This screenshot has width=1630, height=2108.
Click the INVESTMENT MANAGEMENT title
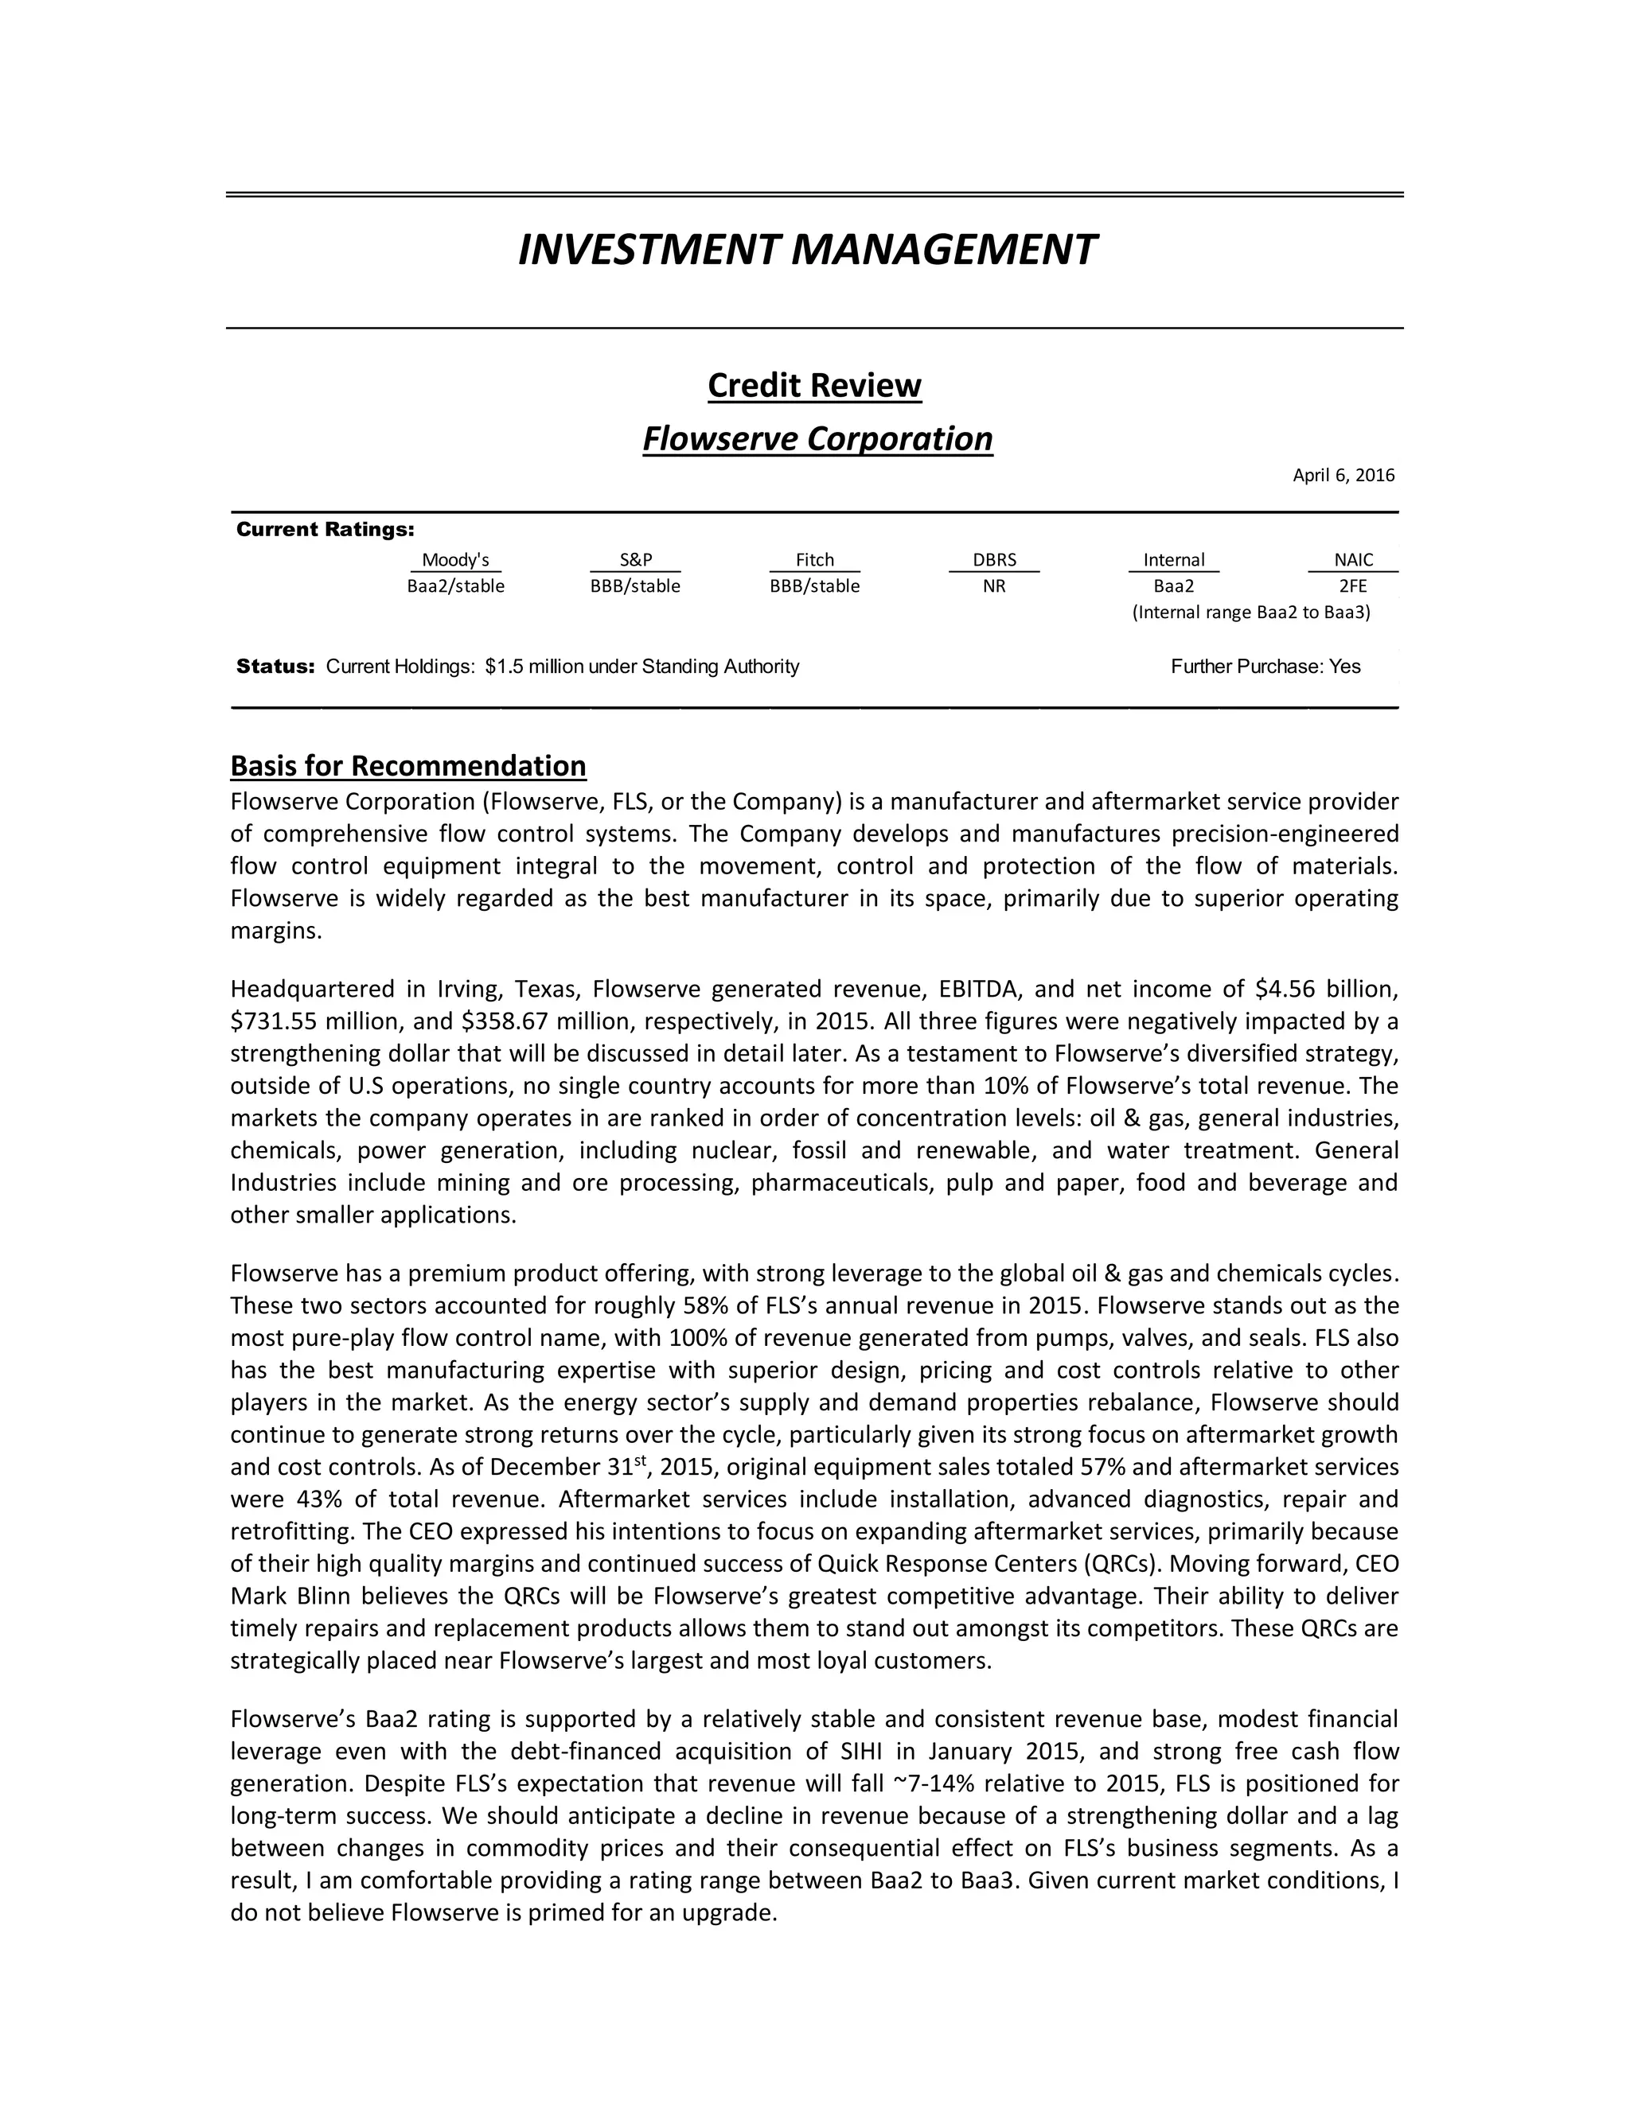coord(806,249)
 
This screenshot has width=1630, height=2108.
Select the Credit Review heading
coord(814,385)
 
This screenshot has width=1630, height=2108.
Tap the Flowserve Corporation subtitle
coord(817,438)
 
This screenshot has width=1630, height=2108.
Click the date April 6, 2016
coord(1343,475)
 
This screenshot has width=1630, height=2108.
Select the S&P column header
coord(635,560)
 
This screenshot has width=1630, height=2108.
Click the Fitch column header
coord(814,560)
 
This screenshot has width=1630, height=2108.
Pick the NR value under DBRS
coord(993,586)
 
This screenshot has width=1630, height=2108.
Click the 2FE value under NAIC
coord(1353,586)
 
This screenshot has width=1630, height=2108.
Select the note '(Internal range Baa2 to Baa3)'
coord(1250,612)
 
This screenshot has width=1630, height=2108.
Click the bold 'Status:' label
coord(275,666)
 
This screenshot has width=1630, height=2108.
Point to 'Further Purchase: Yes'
coord(1265,666)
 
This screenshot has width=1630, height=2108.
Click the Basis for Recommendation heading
coord(407,765)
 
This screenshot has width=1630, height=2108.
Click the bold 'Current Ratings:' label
coord(326,530)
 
